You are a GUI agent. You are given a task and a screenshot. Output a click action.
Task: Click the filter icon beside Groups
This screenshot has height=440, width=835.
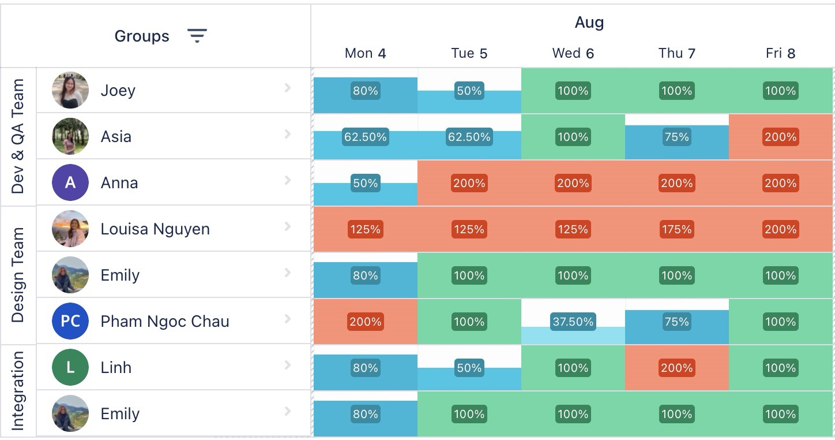pyautogui.click(x=197, y=36)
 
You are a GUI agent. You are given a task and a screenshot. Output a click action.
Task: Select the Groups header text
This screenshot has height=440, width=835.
pyautogui.click(x=142, y=36)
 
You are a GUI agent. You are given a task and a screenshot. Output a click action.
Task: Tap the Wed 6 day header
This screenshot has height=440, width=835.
pyautogui.click(x=573, y=54)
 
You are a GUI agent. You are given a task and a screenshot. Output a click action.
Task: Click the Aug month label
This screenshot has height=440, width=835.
pyautogui.click(x=589, y=23)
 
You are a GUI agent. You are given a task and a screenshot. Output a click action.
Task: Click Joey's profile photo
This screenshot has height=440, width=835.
pyautogui.click(x=70, y=91)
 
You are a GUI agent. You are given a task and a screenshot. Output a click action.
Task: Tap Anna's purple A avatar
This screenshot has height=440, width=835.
pyautogui.click(x=70, y=182)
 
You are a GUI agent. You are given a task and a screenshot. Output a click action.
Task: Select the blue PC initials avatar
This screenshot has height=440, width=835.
pyautogui.click(x=70, y=321)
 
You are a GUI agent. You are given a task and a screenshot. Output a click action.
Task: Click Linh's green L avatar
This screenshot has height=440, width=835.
pyautogui.click(x=70, y=367)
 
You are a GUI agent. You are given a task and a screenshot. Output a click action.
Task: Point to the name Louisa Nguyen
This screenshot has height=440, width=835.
pyautogui.click(x=155, y=229)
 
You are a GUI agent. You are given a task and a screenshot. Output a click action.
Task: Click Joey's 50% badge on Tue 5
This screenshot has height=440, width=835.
pyautogui.click(x=469, y=91)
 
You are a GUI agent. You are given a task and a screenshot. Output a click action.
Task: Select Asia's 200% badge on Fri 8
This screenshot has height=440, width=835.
pyautogui.click(x=780, y=137)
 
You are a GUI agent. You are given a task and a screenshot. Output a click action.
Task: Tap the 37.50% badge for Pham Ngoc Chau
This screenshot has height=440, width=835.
pyautogui.click(x=573, y=322)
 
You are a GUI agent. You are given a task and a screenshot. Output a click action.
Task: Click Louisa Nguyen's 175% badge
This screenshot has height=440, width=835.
pyautogui.click(x=676, y=229)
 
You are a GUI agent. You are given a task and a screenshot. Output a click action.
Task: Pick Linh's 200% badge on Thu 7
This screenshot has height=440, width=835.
pyautogui.click(x=676, y=368)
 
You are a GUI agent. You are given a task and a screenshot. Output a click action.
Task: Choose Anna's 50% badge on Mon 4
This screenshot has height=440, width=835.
pyautogui.click(x=365, y=183)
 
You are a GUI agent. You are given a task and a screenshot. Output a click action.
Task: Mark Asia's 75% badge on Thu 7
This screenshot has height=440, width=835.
pyautogui.click(x=676, y=137)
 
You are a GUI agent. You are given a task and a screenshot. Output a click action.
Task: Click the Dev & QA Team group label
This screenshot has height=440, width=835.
pyautogui.click(x=18, y=136)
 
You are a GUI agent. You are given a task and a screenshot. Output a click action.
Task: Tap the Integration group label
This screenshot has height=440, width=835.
pyautogui.click(x=18, y=390)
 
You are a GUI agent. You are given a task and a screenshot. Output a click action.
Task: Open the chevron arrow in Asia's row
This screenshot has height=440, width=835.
pyautogui.click(x=287, y=135)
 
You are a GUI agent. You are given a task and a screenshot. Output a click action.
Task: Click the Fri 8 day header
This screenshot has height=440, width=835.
pyautogui.click(x=780, y=54)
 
